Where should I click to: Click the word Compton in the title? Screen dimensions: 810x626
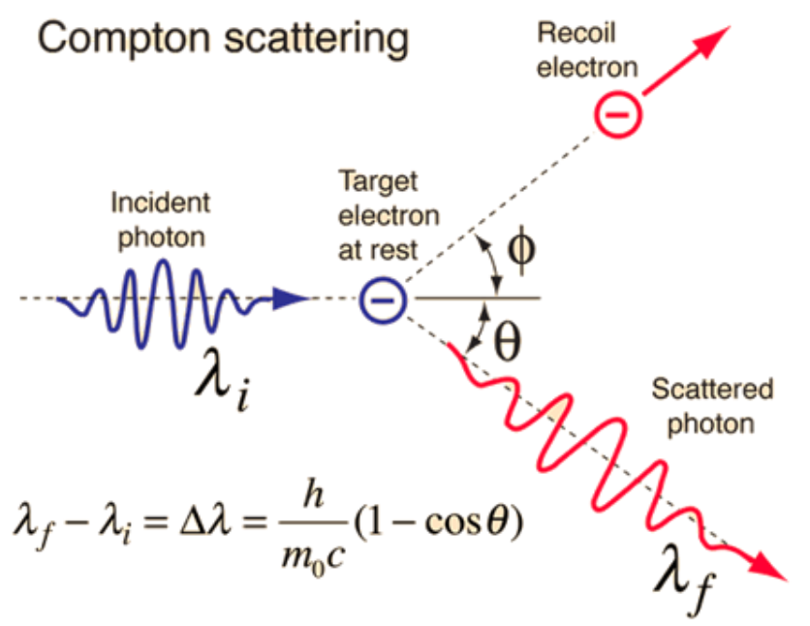(124, 39)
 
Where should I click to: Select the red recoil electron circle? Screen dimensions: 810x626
(618, 114)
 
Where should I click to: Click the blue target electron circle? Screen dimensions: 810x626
(383, 300)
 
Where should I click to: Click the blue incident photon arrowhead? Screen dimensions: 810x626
(291, 298)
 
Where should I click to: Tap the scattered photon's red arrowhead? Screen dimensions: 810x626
(769, 567)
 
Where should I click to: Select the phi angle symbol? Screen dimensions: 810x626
(521, 250)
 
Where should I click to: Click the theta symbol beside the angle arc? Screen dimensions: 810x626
(508, 341)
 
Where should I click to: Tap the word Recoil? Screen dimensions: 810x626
(576, 33)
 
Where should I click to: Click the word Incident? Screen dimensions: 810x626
(161, 203)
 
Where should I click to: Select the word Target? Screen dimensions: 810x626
(378, 182)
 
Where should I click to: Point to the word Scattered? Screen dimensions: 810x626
(712, 389)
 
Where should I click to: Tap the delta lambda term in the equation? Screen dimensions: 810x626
(205, 520)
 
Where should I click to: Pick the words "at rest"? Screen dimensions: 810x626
(378, 251)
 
